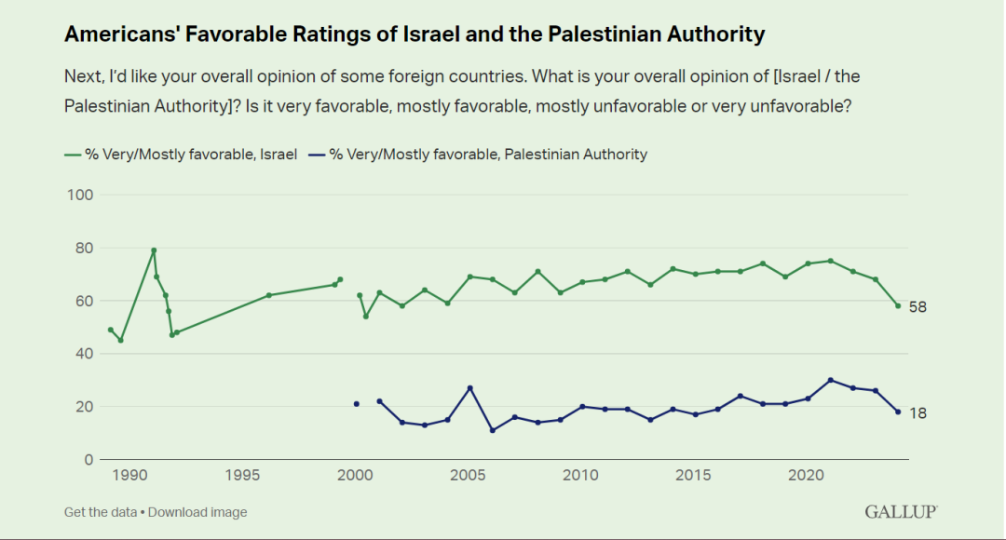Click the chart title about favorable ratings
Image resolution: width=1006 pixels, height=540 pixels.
point(415,35)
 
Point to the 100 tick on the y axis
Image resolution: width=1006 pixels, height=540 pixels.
point(78,195)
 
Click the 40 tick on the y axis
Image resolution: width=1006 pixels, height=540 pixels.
point(82,354)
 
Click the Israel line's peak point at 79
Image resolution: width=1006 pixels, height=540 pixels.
point(154,250)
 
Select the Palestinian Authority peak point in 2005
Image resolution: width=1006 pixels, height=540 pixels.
point(470,388)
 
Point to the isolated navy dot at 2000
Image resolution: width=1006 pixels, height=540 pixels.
point(357,404)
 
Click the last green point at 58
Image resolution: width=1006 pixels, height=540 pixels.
point(898,305)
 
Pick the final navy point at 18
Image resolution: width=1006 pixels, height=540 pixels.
point(898,412)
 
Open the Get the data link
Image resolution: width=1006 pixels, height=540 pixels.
point(100,512)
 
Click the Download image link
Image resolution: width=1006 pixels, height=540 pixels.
point(197,512)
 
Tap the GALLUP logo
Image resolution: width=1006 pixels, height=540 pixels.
point(901,511)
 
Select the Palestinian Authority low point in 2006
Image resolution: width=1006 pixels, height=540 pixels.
point(493,430)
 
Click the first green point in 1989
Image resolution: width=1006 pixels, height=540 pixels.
point(111,330)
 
